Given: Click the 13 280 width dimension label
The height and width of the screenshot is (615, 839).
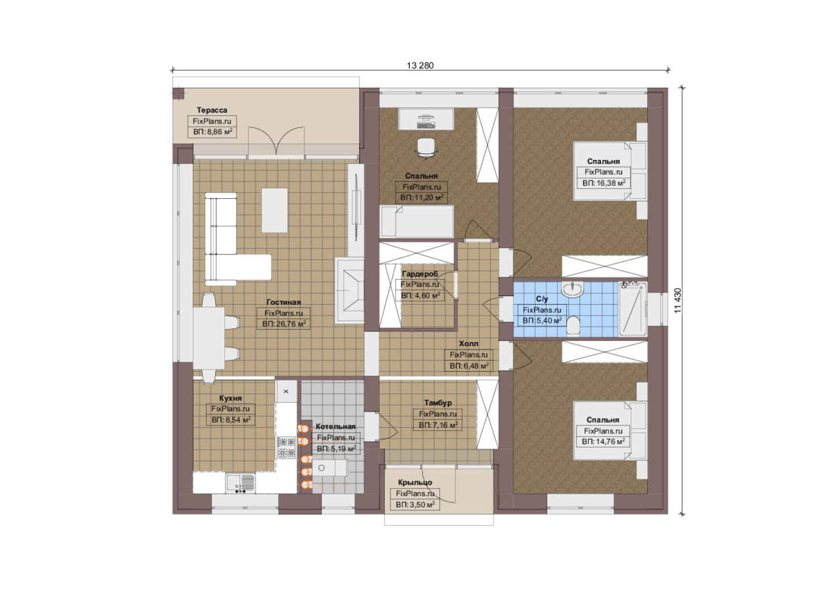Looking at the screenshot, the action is pos(420,65).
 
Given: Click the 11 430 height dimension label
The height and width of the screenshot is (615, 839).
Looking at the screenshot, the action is pos(677,301).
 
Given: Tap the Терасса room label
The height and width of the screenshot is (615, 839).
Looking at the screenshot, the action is pos(212,110).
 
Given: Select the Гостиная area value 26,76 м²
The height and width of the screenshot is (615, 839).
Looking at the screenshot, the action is pos(284,324).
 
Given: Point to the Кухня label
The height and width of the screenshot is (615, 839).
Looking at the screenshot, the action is pos(231,398).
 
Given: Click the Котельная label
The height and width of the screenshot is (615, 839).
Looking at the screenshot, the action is pos(336,426).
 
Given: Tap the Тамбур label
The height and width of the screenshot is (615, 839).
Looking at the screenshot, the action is pos(438,403).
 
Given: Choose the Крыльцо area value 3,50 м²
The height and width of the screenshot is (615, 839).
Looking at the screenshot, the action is pos(415,505).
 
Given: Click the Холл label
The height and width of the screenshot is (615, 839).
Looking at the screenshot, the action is pos(468,343).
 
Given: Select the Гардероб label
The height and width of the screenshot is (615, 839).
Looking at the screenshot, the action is pos(420,273).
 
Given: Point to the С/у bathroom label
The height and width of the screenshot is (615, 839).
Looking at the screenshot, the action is pos(542,299).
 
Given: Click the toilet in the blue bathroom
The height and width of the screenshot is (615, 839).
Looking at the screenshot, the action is pos(573,325).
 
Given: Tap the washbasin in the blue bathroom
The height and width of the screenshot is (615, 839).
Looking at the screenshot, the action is pos(572,289).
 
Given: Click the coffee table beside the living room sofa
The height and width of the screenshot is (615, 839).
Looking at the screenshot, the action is pos(274,210).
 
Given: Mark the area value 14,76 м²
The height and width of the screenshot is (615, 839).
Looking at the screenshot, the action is pos(603,442).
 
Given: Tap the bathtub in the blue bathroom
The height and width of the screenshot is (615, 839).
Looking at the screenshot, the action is pos(633,309).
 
